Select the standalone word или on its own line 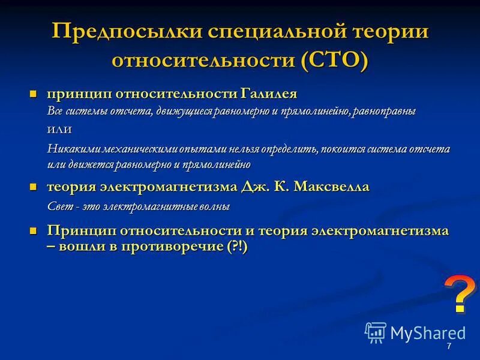pyautogui.click(x=59, y=129)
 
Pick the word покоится pyautogui.click(x=346, y=148)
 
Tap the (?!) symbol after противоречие pyautogui.click(x=237, y=246)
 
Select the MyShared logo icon pyautogui.click(x=376, y=332)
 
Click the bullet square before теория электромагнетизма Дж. pyautogui.click(x=34, y=187)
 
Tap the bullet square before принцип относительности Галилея pyautogui.click(x=34, y=94)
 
